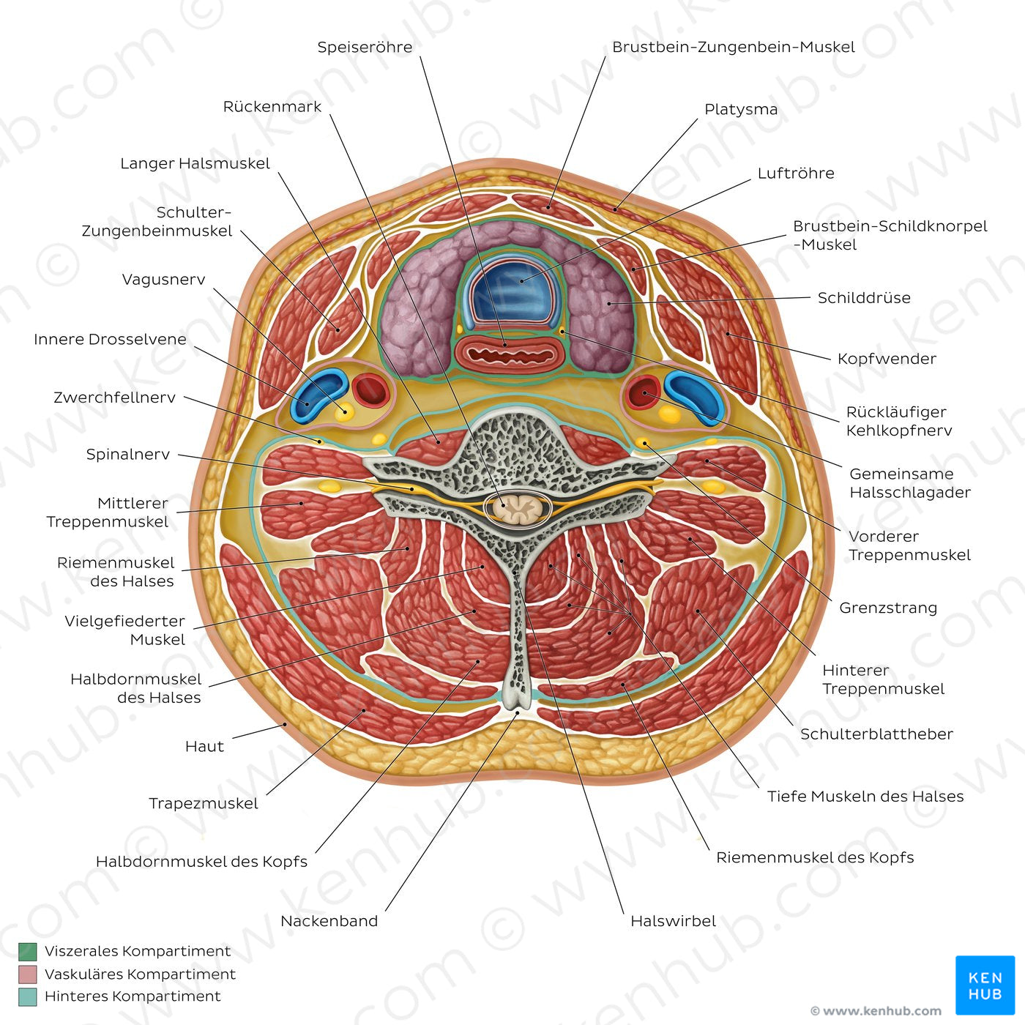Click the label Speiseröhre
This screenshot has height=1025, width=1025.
365,48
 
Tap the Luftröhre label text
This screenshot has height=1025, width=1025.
796,174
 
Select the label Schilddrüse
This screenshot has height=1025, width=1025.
864,298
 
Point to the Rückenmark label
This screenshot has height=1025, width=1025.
272,107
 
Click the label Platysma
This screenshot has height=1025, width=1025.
741,110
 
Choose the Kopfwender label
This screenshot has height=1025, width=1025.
887,359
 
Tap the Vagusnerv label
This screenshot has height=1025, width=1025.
163,280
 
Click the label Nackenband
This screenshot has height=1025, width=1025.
329,921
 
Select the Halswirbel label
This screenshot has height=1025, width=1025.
673,921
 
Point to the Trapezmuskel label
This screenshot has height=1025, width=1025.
204,803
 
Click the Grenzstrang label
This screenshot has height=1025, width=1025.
888,608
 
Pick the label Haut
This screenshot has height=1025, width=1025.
204,747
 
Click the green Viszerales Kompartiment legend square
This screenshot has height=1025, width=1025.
28,952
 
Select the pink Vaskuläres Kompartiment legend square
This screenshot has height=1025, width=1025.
28,974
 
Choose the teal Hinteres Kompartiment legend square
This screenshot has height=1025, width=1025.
28,996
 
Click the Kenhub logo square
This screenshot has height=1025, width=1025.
985,985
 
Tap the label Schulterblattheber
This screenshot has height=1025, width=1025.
876,734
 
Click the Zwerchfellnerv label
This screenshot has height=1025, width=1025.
114,398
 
